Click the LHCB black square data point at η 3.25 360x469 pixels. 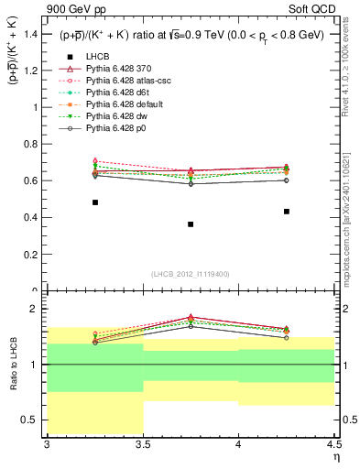[95, 202]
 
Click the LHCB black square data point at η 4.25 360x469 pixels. [287, 212]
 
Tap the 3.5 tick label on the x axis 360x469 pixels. [143, 443]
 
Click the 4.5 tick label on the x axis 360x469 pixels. [333, 443]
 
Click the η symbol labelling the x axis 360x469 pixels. [335, 455]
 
